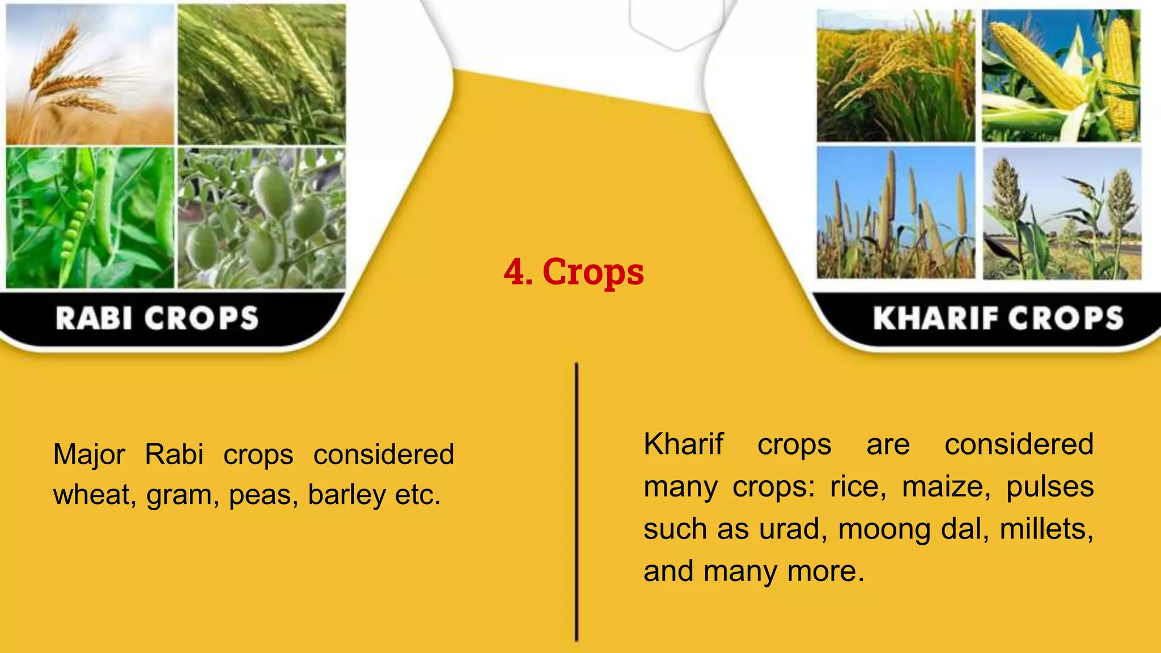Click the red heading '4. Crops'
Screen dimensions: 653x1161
(574, 272)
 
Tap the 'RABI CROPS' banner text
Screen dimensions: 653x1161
(157, 318)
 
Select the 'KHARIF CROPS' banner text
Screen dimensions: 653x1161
(998, 318)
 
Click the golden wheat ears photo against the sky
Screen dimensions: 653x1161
(90, 74)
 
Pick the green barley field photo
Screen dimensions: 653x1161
(261, 74)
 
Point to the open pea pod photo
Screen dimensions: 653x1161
(90, 218)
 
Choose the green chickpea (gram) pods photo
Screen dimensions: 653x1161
(261, 218)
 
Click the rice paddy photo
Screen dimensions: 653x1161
(895, 76)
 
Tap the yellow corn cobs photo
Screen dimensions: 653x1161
(1061, 76)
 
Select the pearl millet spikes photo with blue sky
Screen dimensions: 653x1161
(895, 213)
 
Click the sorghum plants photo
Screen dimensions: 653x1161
(1061, 213)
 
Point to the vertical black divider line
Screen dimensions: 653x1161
(576, 502)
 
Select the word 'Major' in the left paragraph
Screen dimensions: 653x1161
(89, 455)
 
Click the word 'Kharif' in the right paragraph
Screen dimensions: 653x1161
(683, 444)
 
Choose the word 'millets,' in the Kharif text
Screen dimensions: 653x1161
(1046, 529)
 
